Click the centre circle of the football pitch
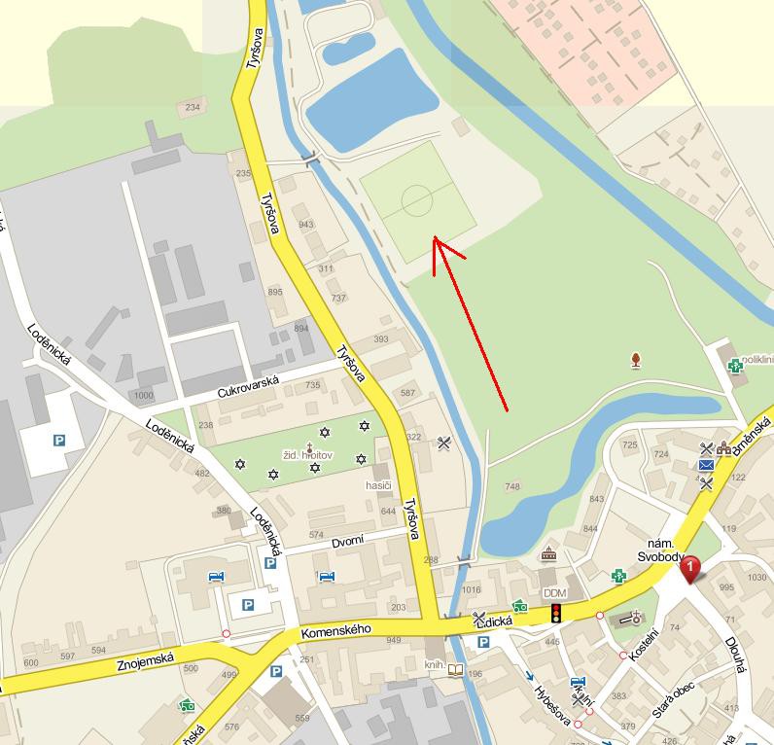[417, 200]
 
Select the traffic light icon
[556, 613]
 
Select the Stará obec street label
[672, 700]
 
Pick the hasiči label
[378, 484]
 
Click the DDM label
[554, 592]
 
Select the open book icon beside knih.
[457, 669]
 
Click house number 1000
[144, 395]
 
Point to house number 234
[192, 107]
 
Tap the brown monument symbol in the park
[636, 361]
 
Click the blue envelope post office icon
[706, 465]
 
